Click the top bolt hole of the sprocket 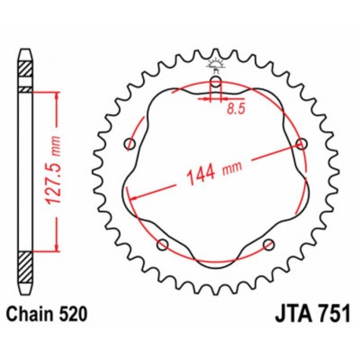click(x=216, y=81)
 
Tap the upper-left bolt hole click(x=130, y=143)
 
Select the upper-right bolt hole click(x=302, y=143)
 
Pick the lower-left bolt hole click(x=163, y=244)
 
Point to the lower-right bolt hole click(x=269, y=244)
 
